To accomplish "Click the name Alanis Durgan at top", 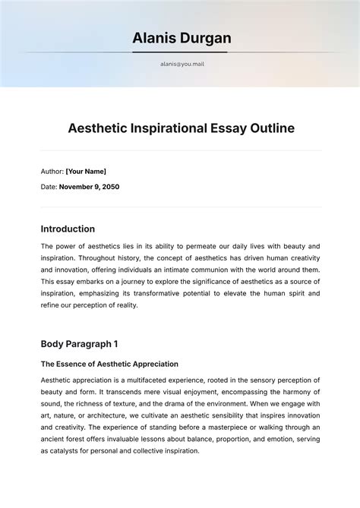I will coord(180,38).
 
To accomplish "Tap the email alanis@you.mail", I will coord(182,65).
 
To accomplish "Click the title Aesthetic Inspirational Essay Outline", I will coord(181,128).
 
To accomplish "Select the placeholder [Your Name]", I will coord(86,172).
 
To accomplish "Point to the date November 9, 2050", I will coord(89,187).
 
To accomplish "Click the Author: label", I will coord(52,172).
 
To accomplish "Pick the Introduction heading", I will coord(68,229).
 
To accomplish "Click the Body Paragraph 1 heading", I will coord(79,344).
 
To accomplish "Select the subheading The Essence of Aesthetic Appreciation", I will coord(109,364).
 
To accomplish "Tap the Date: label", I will coord(49,187).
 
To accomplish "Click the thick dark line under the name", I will coord(180,52).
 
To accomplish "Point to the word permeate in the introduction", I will coord(194,247).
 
